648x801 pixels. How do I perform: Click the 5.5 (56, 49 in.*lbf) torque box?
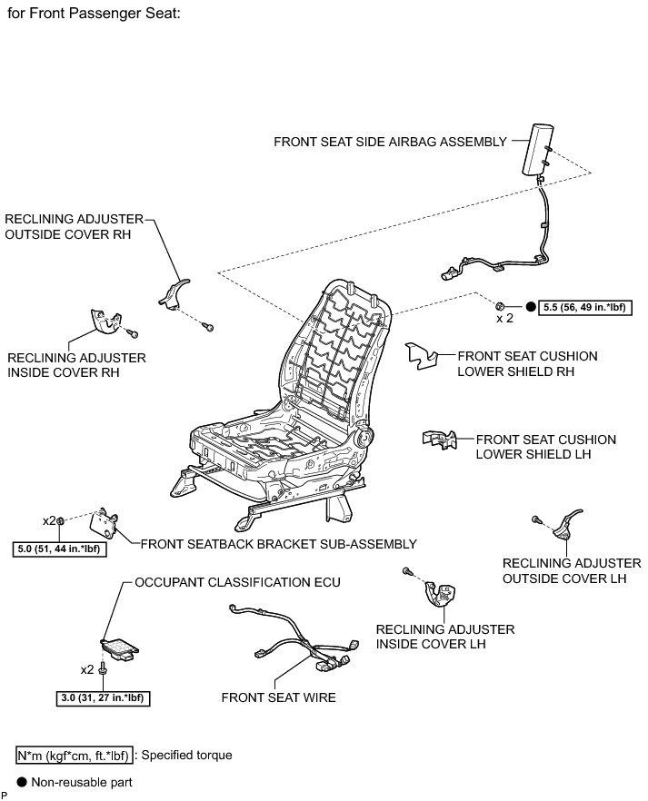[584, 307]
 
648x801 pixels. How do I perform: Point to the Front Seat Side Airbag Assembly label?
[390, 142]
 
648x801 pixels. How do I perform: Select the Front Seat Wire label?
[278, 697]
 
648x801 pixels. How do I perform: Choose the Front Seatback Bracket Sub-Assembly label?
[278, 544]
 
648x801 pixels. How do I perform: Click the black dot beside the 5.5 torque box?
[529, 307]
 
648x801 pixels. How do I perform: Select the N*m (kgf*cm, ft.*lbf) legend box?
[73, 755]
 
